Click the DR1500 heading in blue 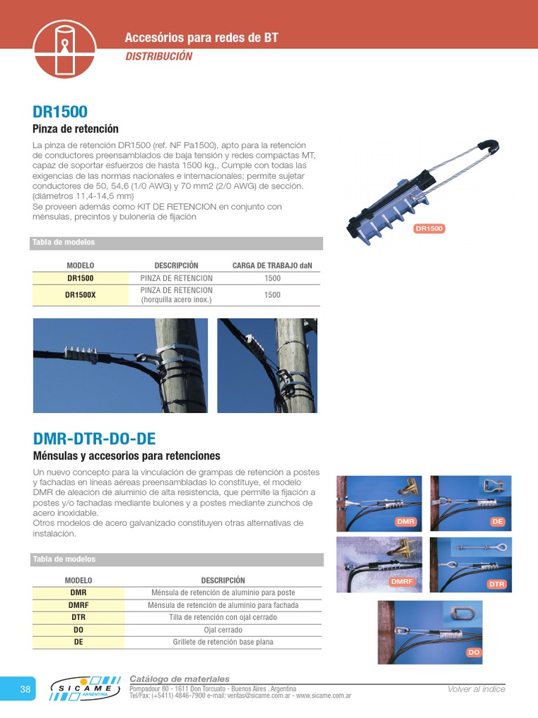[60, 112]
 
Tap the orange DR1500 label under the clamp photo [429, 229]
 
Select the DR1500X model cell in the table [80, 295]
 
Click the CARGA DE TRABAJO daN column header [272, 266]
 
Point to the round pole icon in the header [64, 48]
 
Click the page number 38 [25, 690]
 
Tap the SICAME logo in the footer [86, 689]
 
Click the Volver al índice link [476, 689]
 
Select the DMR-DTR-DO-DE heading [94, 439]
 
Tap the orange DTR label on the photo [496, 584]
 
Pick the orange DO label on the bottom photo [474, 653]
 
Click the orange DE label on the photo [497, 522]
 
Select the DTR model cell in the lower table [78, 617]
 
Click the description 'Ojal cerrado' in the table [223, 630]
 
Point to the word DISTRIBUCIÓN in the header [158, 57]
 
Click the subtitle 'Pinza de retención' [76, 129]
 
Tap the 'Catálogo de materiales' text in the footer [179, 679]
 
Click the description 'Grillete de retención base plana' [223, 642]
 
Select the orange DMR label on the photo [406, 522]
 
